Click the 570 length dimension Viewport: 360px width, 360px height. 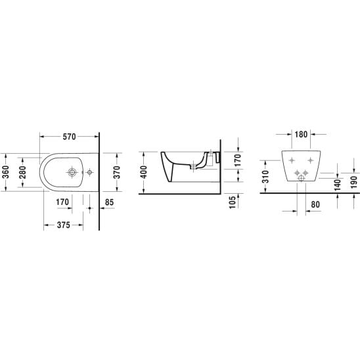click(x=69, y=137)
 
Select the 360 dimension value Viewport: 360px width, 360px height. click(x=5, y=172)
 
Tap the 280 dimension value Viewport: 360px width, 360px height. click(x=22, y=172)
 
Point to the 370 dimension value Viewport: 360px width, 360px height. click(x=117, y=172)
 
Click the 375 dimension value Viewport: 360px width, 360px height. click(x=63, y=225)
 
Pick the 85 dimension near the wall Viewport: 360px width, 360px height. click(x=109, y=202)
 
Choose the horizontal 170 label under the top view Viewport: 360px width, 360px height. click(x=62, y=202)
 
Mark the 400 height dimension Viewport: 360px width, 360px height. click(x=143, y=172)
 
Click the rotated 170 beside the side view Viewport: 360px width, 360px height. click(x=238, y=160)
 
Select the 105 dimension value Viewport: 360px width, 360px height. click(x=233, y=202)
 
